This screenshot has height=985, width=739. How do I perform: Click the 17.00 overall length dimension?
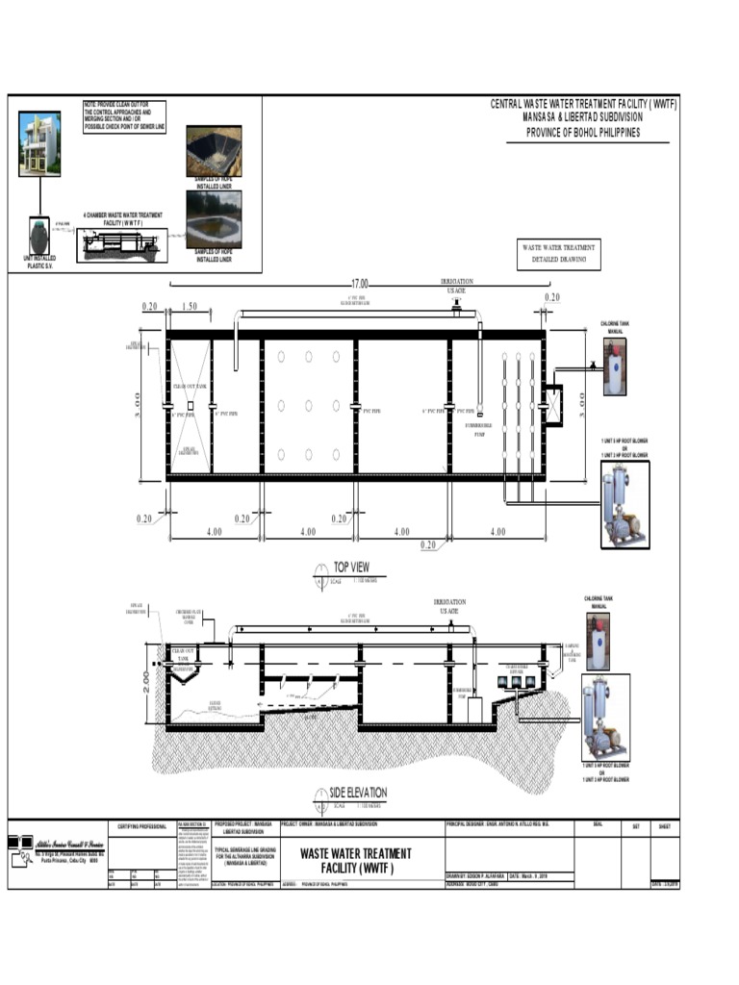pos(360,284)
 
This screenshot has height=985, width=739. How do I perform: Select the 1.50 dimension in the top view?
pos(189,306)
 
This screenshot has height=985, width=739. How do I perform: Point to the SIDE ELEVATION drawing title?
pos(358,792)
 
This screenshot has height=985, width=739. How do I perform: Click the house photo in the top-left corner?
pos(39,144)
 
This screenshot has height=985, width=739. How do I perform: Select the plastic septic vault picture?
pos(39,236)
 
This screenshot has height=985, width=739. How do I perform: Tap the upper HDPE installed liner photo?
pos(214,151)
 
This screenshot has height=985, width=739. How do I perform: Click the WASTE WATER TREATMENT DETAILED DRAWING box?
pos(558,254)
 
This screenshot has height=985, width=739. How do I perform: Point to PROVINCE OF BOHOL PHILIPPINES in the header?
pos(582,133)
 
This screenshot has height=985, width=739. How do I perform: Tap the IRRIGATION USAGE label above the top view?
pos(456,286)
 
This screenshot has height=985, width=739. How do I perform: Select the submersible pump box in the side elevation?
pos(474,710)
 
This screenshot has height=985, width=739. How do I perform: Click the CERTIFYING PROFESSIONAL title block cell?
pos(142,826)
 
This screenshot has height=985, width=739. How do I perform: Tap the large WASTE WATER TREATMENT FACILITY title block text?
pos(356,860)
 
